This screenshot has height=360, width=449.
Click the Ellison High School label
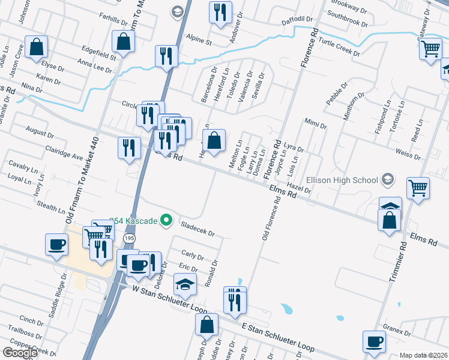pos(340,180)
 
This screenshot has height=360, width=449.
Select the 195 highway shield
pos(129,239)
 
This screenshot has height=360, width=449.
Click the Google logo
pos(20,353)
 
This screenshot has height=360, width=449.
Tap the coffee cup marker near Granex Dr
pos(374,341)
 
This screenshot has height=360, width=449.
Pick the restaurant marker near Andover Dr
pos(220,11)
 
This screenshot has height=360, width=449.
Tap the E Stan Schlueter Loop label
pos(278,337)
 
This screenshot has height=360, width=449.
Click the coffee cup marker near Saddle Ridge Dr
pos(56,244)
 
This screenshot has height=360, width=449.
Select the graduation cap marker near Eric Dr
pos(185,284)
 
